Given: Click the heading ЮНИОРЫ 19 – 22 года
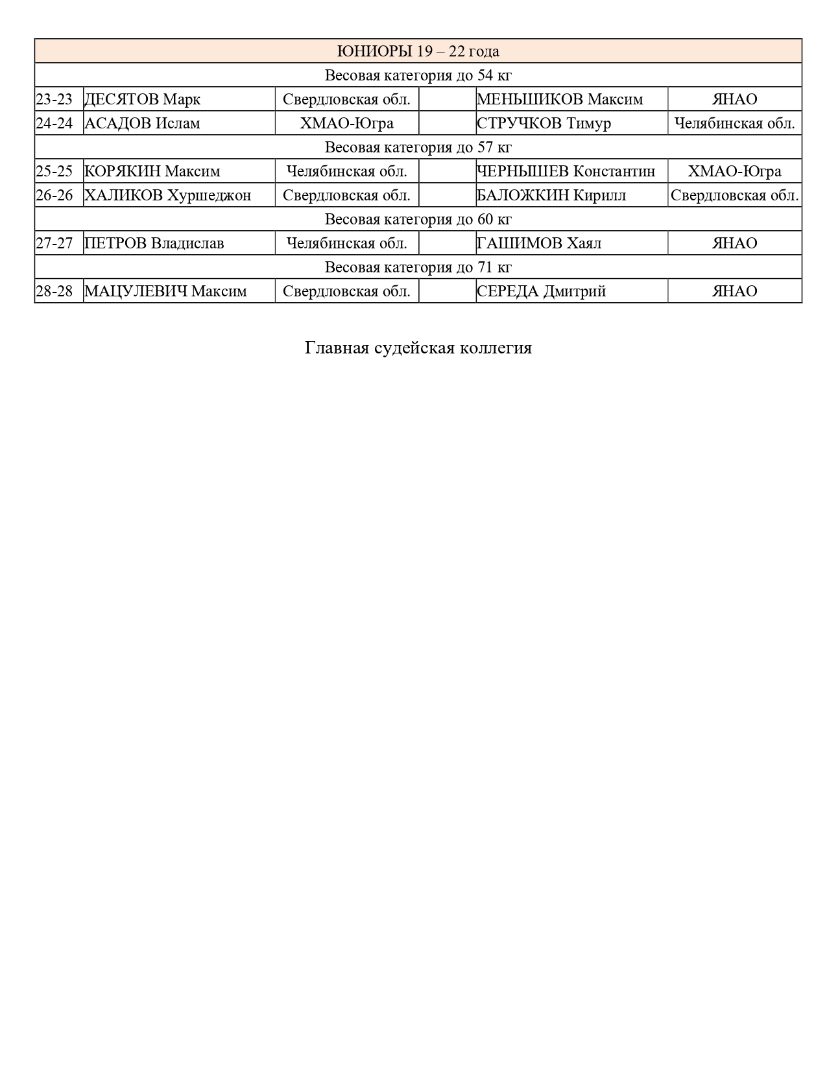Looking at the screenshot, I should (x=418, y=51).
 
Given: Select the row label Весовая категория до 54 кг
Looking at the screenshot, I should (x=418, y=75).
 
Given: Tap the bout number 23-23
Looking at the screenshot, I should (x=54, y=99).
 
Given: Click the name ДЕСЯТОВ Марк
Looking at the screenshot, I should (x=143, y=99).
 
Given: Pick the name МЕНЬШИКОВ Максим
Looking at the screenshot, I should (x=560, y=99).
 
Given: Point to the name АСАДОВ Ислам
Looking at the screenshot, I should (x=143, y=123).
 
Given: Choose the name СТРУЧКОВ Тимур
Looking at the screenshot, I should (x=544, y=123).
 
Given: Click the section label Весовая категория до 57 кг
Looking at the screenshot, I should (x=418, y=147).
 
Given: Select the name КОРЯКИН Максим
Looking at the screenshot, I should (x=152, y=171).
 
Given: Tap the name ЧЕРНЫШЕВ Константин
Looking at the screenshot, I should (x=566, y=171).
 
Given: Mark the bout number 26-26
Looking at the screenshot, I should (x=54, y=195).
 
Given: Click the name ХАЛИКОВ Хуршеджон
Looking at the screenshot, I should (x=168, y=195).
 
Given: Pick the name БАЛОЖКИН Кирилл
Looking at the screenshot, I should (x=551, y=195).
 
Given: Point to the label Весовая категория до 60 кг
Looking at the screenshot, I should (x=418, y=219).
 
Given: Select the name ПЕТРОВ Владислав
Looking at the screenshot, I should (x=154, y=243).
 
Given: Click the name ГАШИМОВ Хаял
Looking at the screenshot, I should (x=539, y=243).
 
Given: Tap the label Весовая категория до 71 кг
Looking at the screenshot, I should (x=418, y=267).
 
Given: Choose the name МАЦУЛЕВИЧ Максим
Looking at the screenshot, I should (x=166, y=291).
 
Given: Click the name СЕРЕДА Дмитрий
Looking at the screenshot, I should (x=541, y=291).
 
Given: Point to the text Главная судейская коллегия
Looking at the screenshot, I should (x=418, y=348).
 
